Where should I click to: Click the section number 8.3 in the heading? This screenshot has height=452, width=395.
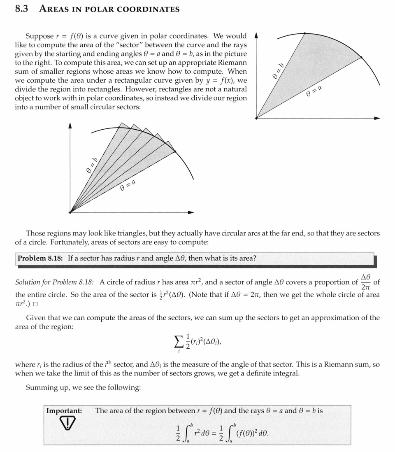tap(21, 9)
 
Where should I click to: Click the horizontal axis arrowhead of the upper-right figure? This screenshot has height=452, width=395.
tap(377, 118)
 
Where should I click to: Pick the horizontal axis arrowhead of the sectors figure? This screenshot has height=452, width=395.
tap(191, 212)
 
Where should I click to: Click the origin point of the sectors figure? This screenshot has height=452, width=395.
tap(70, 212)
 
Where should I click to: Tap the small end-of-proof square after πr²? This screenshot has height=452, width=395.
tap(35, 304)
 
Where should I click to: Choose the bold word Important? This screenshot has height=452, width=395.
tap(64, 411)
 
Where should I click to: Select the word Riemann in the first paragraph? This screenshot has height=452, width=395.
tap(231, 63)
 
